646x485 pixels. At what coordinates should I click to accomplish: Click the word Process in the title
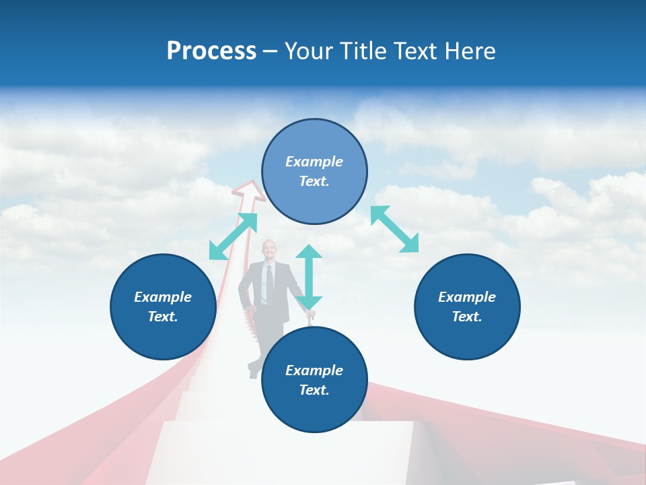point(211,51)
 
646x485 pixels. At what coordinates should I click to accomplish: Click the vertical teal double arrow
point(309,276)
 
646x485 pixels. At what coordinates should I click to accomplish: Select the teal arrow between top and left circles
point(233,236)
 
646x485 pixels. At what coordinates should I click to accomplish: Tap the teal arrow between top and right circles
point(395,229)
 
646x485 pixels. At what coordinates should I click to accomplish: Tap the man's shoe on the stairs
point(252,370)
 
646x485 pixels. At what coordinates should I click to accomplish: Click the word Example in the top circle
point(314,162)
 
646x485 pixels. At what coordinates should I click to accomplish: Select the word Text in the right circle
point(466,317)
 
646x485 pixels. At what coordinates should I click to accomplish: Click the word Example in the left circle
point(163,297)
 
